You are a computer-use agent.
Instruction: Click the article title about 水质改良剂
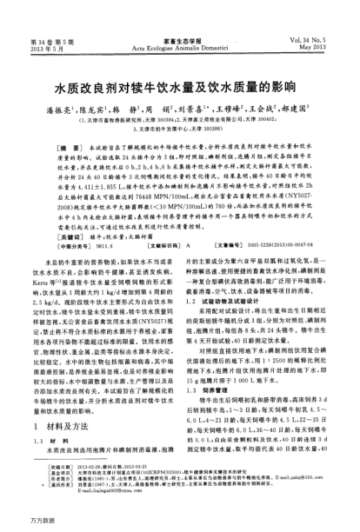click(x=179, y=87)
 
